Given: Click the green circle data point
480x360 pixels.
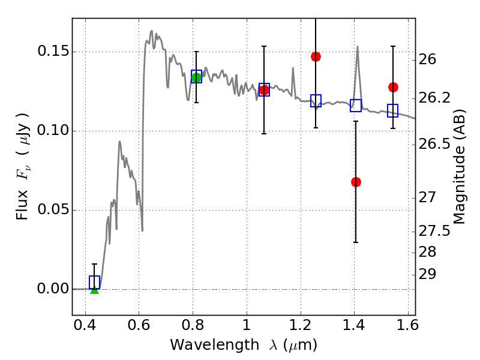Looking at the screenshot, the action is coord(197,78).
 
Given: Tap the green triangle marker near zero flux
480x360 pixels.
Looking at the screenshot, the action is coord(95,290).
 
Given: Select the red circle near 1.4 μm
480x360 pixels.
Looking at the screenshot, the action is coord(356,182).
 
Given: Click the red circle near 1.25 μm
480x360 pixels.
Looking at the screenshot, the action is coord(316,56).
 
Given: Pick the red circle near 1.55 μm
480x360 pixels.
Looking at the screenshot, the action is coord(393,87).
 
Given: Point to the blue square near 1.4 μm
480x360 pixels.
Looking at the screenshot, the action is coord(356,106).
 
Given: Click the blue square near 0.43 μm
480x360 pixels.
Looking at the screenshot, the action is coord(94,282).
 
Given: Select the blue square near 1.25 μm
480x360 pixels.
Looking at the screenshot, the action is coord(316,101).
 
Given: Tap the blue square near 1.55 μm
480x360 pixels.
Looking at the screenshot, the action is coord(393,110).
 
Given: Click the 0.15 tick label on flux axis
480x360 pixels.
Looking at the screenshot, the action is coord(53,51).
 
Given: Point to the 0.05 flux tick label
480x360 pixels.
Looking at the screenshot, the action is coord(53,209).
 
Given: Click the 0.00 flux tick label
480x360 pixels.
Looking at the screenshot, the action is coord(53,289).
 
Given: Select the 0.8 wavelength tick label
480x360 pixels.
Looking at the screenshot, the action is coord(193,325).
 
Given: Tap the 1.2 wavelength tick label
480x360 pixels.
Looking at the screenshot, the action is coord(301,325).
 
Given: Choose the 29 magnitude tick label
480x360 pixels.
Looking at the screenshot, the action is coord(427,274).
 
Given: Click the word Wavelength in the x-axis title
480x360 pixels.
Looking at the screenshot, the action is coord(215,345).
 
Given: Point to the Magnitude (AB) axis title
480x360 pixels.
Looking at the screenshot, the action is coord(458,167).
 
